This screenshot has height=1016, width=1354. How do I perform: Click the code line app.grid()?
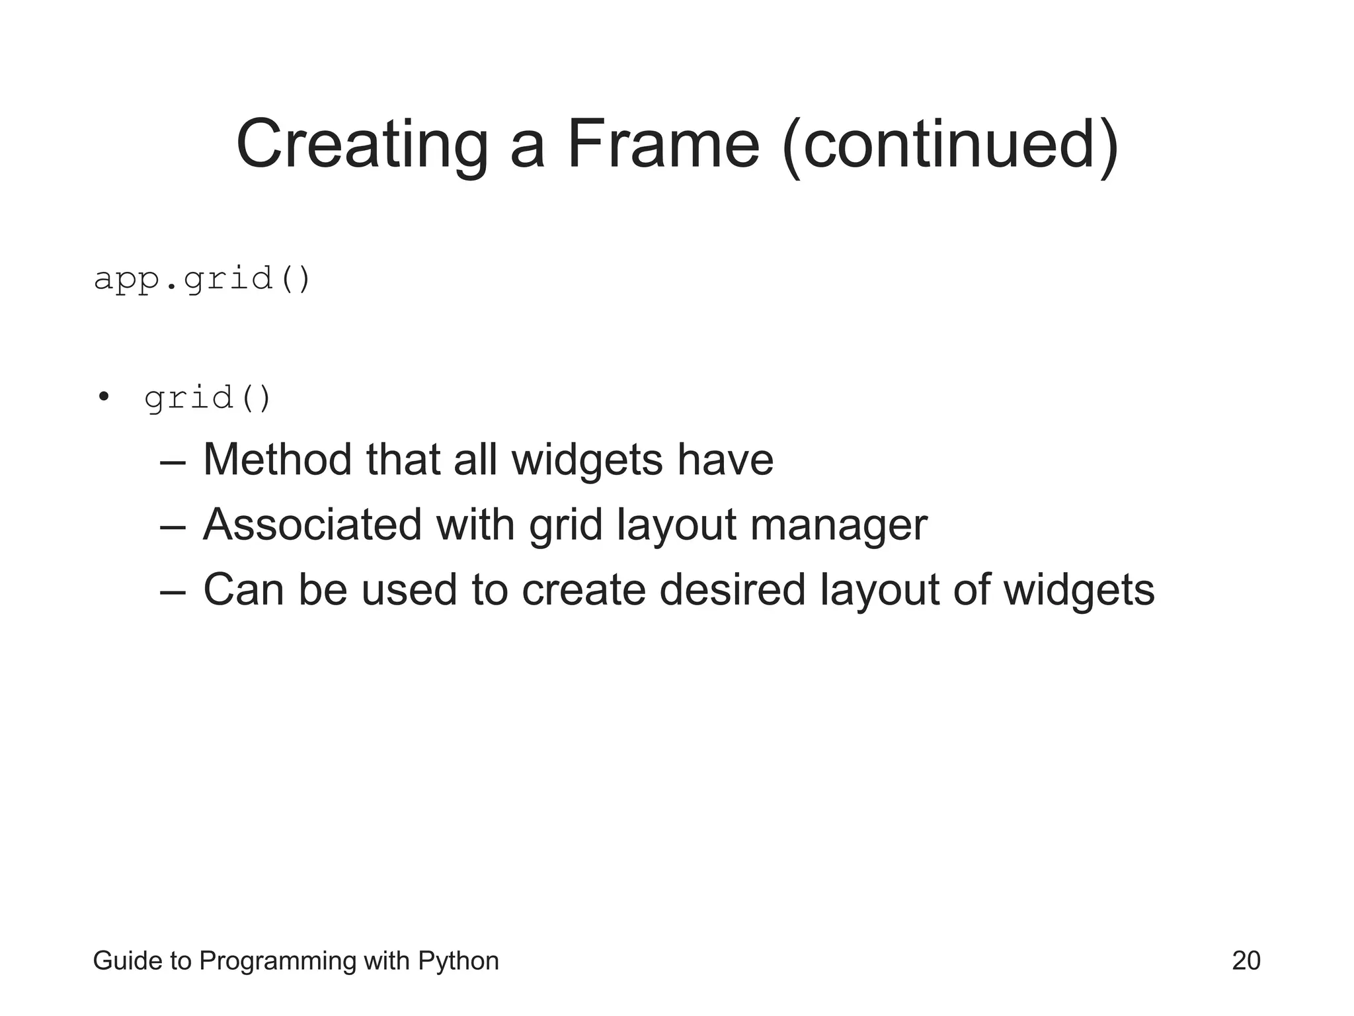(202, 278)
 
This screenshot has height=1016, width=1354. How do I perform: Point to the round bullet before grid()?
(102, 397)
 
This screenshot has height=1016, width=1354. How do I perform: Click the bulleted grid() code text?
(208, 398)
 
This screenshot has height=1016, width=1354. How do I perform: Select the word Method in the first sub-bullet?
(277, 459)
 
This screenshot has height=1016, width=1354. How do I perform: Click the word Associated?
(312, 525)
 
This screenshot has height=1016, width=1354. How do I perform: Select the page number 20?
(1246, 960)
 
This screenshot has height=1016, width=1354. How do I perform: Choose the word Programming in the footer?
(278, 960)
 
